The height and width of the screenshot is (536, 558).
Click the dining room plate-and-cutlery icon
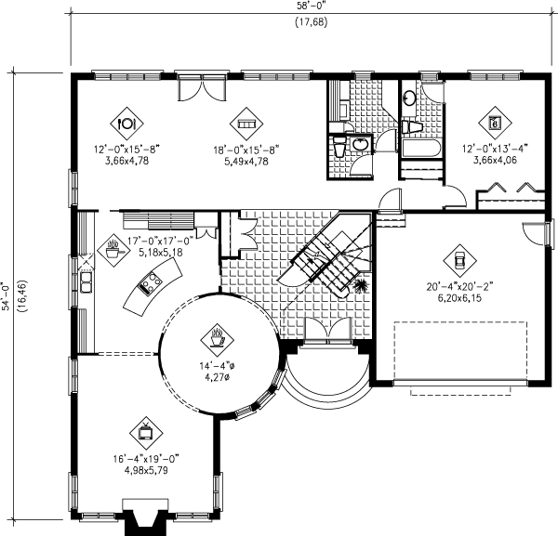[127, 121]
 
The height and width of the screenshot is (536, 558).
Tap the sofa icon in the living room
[247, 121]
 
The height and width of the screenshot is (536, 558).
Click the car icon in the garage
[457, 257]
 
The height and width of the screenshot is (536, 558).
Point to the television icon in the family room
[147, 430]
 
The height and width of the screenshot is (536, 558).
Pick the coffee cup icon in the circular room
[219, 333]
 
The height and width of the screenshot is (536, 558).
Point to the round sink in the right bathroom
[410, 98]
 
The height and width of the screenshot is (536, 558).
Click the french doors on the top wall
[201, 87]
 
